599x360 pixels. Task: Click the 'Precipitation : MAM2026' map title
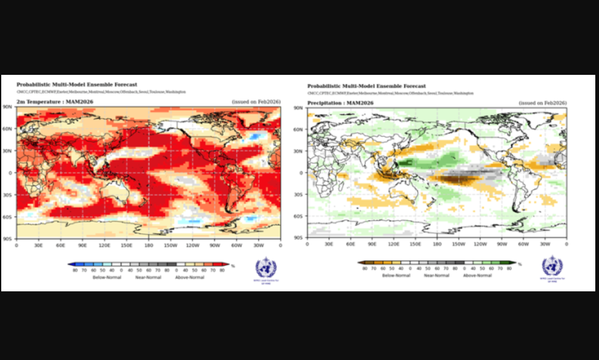pos(340,102)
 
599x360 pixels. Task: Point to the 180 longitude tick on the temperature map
pos(149,245)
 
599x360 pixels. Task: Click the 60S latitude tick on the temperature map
pos(9,216)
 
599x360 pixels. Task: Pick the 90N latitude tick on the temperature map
pos(9,107)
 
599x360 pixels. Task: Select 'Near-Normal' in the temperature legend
pos(148,277)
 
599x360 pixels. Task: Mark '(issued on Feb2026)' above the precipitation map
pos(543,102)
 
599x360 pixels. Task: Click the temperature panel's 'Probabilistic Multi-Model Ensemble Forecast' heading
pos(77,85)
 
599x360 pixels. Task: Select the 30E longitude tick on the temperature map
pos(38,245)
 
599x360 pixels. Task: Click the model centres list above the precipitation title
pos(390,93)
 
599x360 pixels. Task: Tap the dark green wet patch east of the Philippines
pos(405,163)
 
